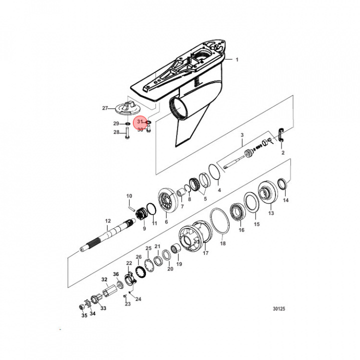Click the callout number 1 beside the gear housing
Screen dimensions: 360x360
coord(237,59)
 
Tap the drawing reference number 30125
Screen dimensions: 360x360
coord(278,309)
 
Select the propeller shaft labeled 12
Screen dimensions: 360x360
coord(107,235)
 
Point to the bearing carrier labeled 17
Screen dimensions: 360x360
coord(195,236)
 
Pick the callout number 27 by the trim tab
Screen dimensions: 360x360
coord(105,108)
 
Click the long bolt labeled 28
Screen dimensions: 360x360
coord(127,133)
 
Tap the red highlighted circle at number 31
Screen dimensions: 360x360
coord(140,122)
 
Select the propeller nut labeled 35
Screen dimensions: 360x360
coord(81,306)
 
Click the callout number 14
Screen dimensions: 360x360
coord(285,200)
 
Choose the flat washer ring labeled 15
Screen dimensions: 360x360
coord(251,202)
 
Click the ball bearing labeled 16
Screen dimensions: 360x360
coord(238,212)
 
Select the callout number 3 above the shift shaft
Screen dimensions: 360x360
coord(242,135)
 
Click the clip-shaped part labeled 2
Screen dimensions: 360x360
coord(281,135)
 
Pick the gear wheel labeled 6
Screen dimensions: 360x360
coord(168,200)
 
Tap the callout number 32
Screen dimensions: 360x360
coord(104,279)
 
